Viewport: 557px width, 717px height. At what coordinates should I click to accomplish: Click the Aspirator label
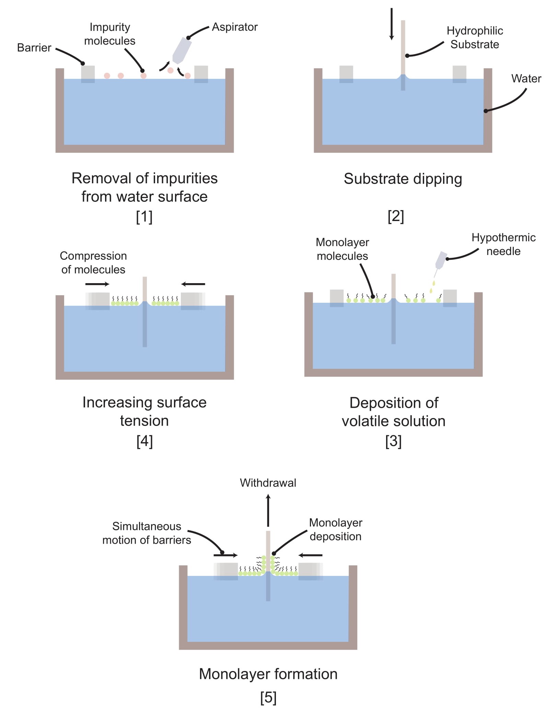(234, 27)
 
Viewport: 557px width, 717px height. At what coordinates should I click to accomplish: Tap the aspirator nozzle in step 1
(181, 51)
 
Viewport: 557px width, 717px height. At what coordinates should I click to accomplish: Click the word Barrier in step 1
(34, 47)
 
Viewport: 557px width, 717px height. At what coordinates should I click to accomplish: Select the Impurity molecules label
(109, 34)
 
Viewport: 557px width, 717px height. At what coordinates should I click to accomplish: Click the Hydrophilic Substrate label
(474, 37)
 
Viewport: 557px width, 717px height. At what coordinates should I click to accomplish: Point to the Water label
(526, 78)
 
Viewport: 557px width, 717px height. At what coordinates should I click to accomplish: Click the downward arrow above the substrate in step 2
(391, 24)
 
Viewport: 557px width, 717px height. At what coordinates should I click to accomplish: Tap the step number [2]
(396, 216)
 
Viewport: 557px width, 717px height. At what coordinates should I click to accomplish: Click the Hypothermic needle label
(503, 244)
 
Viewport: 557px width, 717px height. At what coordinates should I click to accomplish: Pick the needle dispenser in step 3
(441, 260)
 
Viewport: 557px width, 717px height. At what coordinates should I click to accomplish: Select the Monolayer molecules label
(342, 249)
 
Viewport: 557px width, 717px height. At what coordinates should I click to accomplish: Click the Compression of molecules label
(93, 263)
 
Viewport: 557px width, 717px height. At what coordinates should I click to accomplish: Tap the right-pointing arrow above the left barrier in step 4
(97, 284)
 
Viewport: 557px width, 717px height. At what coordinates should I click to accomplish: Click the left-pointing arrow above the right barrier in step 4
(193, 284)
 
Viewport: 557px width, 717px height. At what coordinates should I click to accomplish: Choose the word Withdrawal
(268, 483)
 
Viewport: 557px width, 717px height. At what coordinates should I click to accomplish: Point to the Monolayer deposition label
(335, 529)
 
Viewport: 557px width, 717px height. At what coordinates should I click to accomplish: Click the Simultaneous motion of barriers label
(147, 533)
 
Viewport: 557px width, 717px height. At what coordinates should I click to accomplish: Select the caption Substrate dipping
(403, 179)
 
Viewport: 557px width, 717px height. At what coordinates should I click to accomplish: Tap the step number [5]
(268, 697)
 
